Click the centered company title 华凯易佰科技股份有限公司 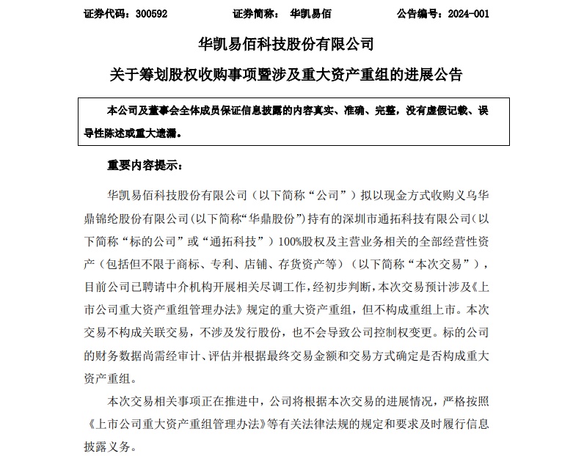286,44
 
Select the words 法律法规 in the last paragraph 319,424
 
